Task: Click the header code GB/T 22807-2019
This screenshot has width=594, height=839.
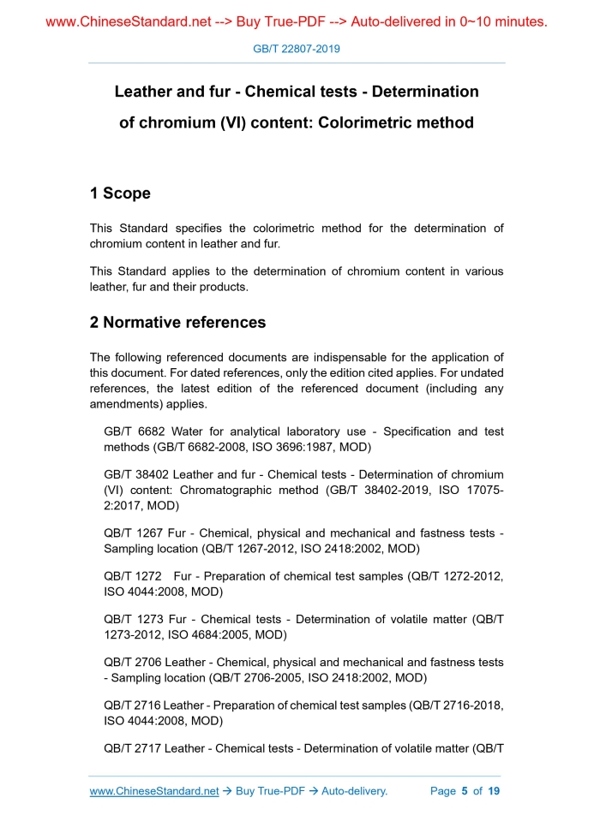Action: pos(297,49)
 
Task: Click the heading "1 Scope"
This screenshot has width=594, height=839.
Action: pos(120,193)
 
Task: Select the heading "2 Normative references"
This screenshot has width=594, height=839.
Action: pos(177,323)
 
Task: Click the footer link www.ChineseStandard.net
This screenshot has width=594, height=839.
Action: pos(154,791)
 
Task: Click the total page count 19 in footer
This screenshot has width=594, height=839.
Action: pos(493,791)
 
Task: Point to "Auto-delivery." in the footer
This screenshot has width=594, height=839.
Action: pos(354,791)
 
